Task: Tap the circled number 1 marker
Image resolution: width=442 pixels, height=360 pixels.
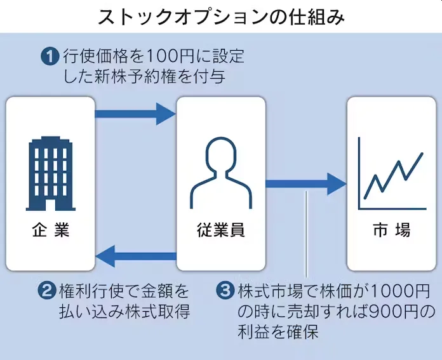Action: pyautogui.click(x=50, y=57)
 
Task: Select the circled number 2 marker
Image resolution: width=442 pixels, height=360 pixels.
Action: pyautogui.click(x=46, y=292)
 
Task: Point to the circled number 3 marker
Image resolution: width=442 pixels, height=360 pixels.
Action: pyautogui.click(x=225, y=292)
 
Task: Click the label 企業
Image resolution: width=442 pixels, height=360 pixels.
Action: pyautogui.click(x=50, y=230)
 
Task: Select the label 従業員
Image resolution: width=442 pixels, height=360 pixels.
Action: pyautogui.click(x=220, y=230)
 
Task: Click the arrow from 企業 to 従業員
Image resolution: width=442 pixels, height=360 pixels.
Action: pyautogui.click(x=135, y=114)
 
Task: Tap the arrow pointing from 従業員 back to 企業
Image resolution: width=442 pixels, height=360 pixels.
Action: pyautogui.click(x=135, y=257)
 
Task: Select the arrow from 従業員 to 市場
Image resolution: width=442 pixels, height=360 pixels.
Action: pyautogui.click(x=305, y=184)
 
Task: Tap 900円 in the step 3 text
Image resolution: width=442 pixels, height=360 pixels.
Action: pyautogui.click(x=395, y=312)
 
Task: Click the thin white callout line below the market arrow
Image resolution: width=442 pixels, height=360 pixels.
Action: pyautogui.click(x=307, y=235)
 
